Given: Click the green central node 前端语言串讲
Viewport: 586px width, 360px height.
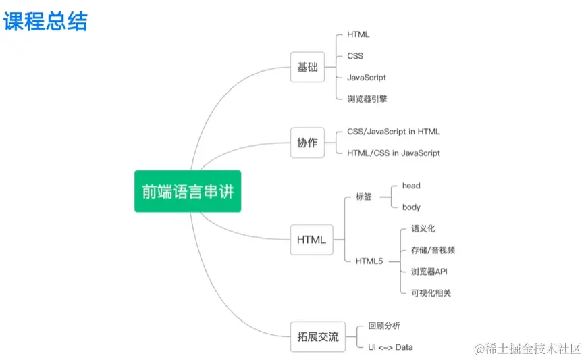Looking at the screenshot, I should coord(187,191).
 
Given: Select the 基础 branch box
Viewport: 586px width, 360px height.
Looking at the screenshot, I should coord(307,67).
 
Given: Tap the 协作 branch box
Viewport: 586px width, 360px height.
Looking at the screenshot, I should coord(307,143).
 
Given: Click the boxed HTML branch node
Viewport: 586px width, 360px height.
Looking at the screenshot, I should coord(311,240).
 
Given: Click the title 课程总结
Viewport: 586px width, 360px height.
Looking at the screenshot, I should coord(45,21).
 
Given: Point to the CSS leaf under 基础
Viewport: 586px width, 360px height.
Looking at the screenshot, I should coord(356,56).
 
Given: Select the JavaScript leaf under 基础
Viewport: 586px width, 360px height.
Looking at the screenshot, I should coord(367,78).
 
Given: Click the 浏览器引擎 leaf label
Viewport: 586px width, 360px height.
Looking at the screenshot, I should coord(367,99).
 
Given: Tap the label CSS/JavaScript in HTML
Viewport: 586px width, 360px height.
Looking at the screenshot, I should coord(393,132).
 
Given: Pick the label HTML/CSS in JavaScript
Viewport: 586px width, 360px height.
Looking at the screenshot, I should coord(393,153).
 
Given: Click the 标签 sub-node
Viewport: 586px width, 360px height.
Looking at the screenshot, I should coord(363,197).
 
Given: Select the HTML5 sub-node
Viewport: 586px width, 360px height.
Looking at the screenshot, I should coord(369,261).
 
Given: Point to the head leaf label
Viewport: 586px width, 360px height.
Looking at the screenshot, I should coord(411,186).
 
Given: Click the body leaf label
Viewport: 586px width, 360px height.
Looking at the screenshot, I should coord(411,207).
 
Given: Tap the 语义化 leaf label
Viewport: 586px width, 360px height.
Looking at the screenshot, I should coord(423,229).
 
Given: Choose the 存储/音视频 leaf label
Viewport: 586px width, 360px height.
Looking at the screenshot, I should coord(433,250).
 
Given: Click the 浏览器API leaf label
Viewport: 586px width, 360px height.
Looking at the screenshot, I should coord(429,272).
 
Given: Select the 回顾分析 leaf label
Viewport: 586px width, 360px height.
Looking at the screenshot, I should coord(384,326).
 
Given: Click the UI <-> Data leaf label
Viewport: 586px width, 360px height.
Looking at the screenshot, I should coord(390,347).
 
